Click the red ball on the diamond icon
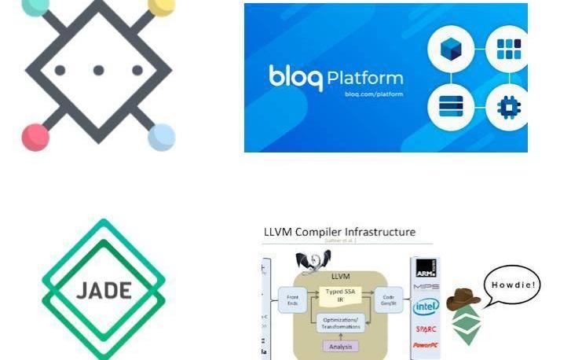tap(35, 136)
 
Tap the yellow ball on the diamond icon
tap(161, 6)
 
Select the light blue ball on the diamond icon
tap(161, 136)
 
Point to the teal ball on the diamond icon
tap(35, 6)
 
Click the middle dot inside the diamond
tap(98, 70)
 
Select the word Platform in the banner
tap(364, 79)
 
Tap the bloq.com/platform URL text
tap(374, 94)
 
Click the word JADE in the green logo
tap(104, 289)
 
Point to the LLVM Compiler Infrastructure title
tap(339, 232)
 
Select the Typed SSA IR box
tap(339, 296)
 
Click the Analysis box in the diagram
tap(339, 346)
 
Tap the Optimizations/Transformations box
tap(339, 323)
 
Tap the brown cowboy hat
tap(463, 299)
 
